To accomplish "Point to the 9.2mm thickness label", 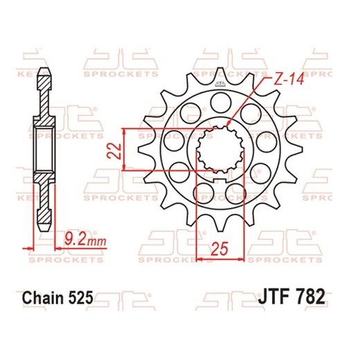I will (73, 242).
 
